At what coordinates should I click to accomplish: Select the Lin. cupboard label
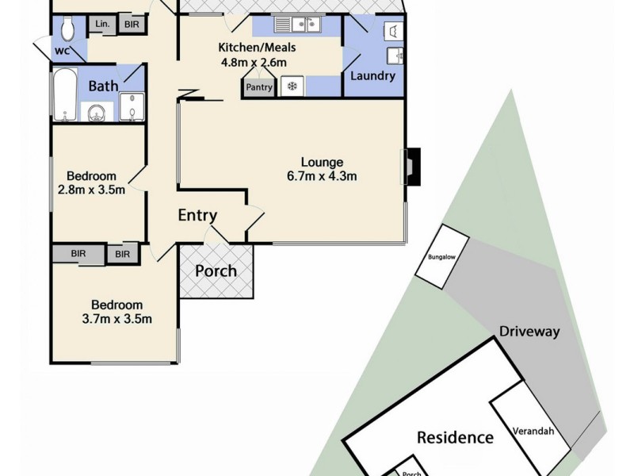102,25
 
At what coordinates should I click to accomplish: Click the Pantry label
258,87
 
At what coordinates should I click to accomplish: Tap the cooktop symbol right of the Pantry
292,86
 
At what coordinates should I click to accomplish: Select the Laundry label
372,76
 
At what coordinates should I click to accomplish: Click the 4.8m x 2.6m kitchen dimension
253,62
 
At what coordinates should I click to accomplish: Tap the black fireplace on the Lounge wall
413,166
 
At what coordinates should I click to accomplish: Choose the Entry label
197,215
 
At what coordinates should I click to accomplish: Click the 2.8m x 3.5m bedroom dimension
92,190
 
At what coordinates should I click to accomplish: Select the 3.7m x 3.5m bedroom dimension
116,319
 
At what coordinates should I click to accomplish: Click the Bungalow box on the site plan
442,256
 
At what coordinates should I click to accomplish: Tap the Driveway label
529,332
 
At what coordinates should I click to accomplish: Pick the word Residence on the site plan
455,437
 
